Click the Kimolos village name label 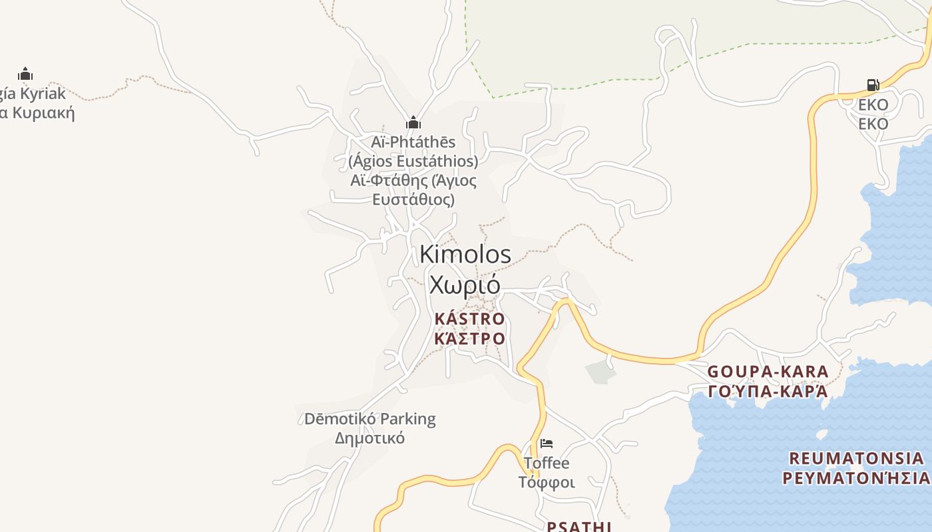pyautogui.click(x=465, y=254)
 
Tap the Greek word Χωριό pyautogui.click(x=465, y=285)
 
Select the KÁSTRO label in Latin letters pyautogui.click(x=469, y=319)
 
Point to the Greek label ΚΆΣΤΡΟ pyautogui.click(x=469, y=338)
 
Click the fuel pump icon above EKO pyautogui.click(x=873, y=85)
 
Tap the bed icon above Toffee pyautogui.click(x=547, y=444)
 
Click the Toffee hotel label pyautogui.click(x=547, y=463)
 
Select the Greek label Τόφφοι pyautogui.click(x=547, y=482)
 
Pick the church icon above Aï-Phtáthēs pyautogui.click(x=413, y=123)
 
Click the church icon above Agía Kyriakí pyautogui.click(x=25, y=74)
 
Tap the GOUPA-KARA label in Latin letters pyautogui.click(x=768, y=372)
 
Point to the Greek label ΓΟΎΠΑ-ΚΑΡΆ pyautogui.click(x=768, y=391)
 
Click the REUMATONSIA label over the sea pyautogui.click(x=856, y=458)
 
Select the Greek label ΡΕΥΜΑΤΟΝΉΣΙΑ pyautogui.click(x=856, y=478)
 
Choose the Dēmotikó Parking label pyautogui.click(x=369, y=419)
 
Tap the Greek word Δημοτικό pyautogui.click(x=369, y=438)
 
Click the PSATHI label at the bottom pyautogui.click(x=579, y=527)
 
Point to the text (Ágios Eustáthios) pyautogui.click(x=413, y=162)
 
